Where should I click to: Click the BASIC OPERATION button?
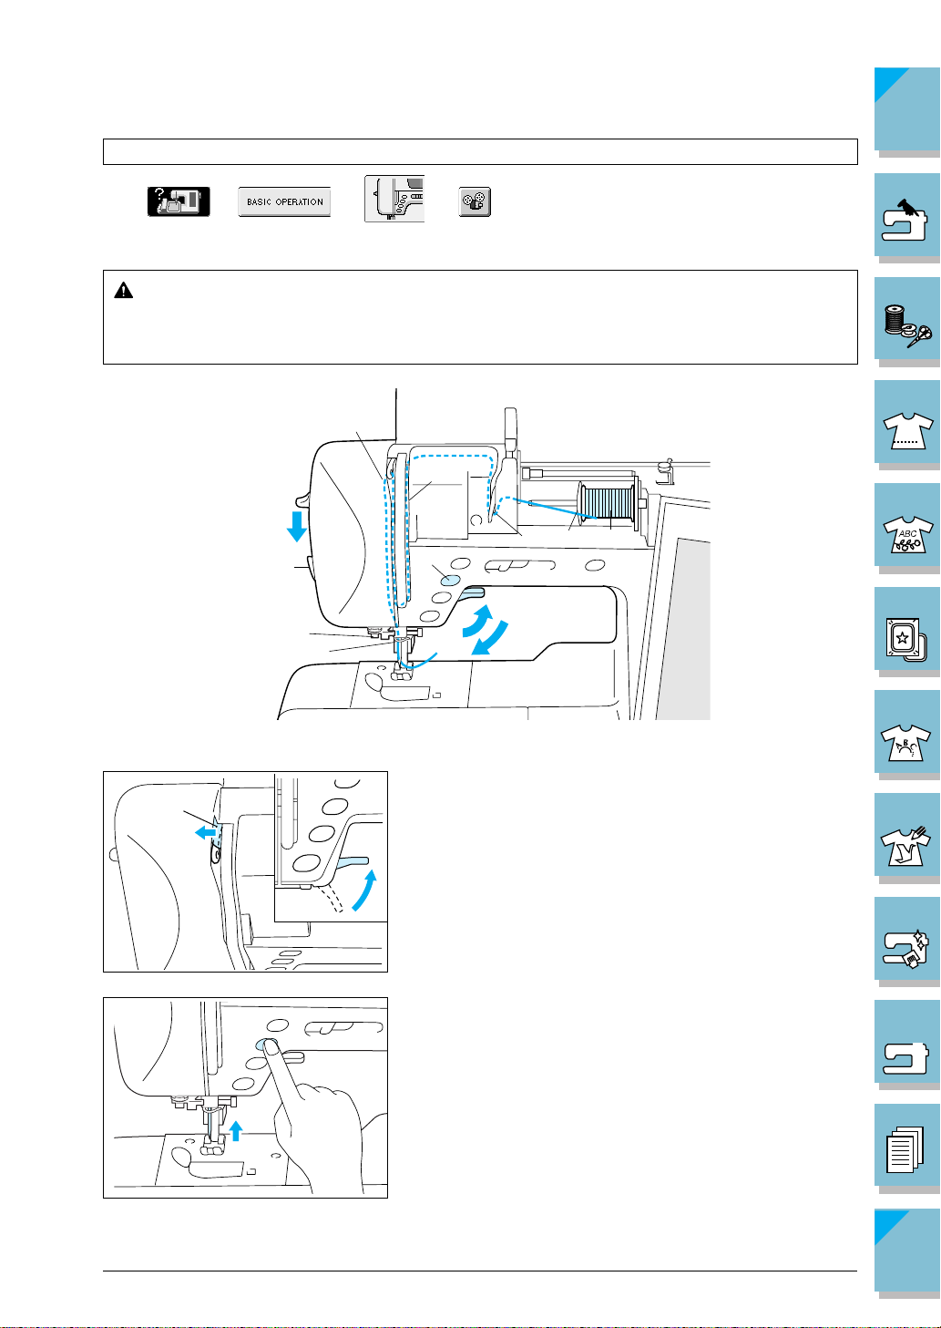(284, 202)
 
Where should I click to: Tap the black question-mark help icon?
(179, 201)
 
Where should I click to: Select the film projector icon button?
(475, 202)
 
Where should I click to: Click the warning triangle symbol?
(123, 291)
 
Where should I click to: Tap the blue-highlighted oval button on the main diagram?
(450, 580)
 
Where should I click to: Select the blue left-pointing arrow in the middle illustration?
(206, 833)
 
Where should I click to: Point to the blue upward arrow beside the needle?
(236, 1130)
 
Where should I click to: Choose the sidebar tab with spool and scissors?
(906, 322)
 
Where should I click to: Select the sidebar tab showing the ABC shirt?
(906, 529)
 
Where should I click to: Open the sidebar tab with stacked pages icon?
(906, 1149)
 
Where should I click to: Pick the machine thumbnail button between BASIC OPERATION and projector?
(394, 199)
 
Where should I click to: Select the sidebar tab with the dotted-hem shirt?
(906, 425)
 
